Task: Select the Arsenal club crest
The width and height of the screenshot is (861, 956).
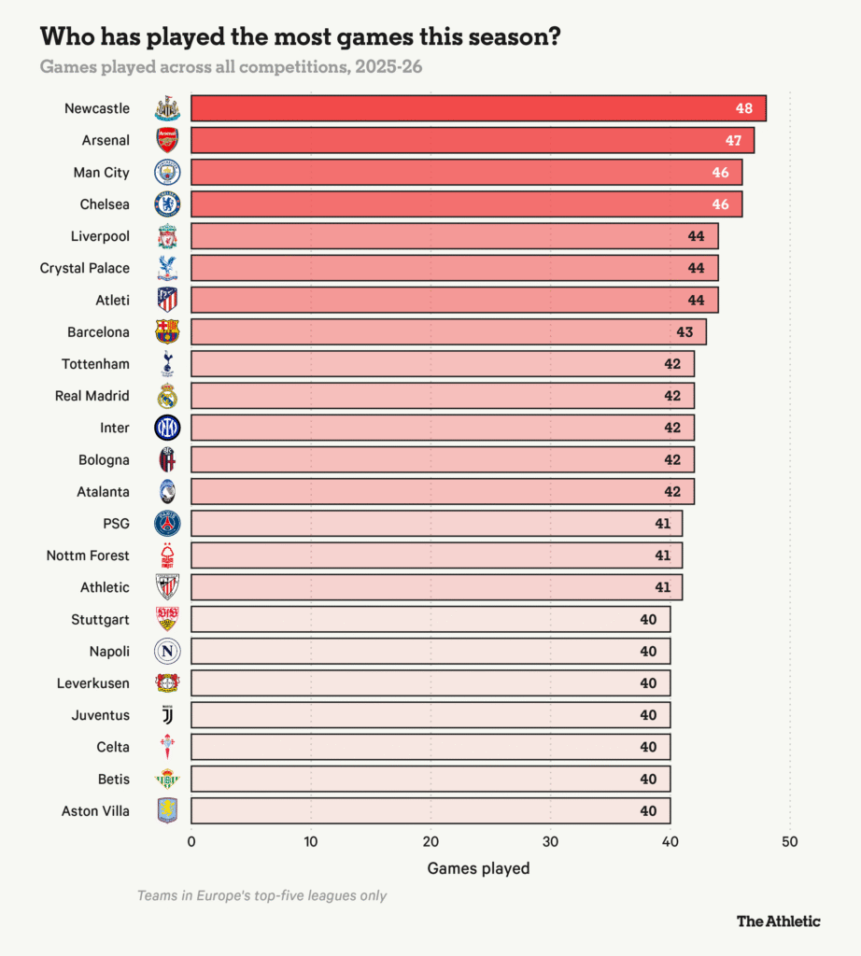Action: (x=167, y=140)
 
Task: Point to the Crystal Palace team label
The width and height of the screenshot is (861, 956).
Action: (x=85, y=268)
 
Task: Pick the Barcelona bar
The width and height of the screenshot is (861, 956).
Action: (x=448, y=331)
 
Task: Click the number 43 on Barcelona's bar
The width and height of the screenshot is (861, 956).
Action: (x=685, y=331)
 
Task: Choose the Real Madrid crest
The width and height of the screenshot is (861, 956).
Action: (x=167, y=396)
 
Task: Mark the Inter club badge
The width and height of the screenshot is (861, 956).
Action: (x=167, y=428)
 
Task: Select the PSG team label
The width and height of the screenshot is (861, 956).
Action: (x=116, y=524)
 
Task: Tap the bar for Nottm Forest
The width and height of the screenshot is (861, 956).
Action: (x=436, y=555)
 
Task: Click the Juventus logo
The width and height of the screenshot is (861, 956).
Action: (x=167, y=715)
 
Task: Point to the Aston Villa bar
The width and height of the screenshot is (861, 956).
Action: (x=430, y=810)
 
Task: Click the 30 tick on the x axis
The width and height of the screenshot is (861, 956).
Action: (x=550, y=841)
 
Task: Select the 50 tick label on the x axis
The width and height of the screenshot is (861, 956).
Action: (x=790, y=841)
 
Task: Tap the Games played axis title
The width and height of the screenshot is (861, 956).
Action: (x=478, y=868)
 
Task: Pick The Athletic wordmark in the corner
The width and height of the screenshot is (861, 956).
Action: (x=778, y=921)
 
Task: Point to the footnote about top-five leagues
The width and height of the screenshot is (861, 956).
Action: (x=261, y=895)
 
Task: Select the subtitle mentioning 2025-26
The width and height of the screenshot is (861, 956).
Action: (x=233, y=67)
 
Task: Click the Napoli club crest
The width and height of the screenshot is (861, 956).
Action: (x=167, y=651)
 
